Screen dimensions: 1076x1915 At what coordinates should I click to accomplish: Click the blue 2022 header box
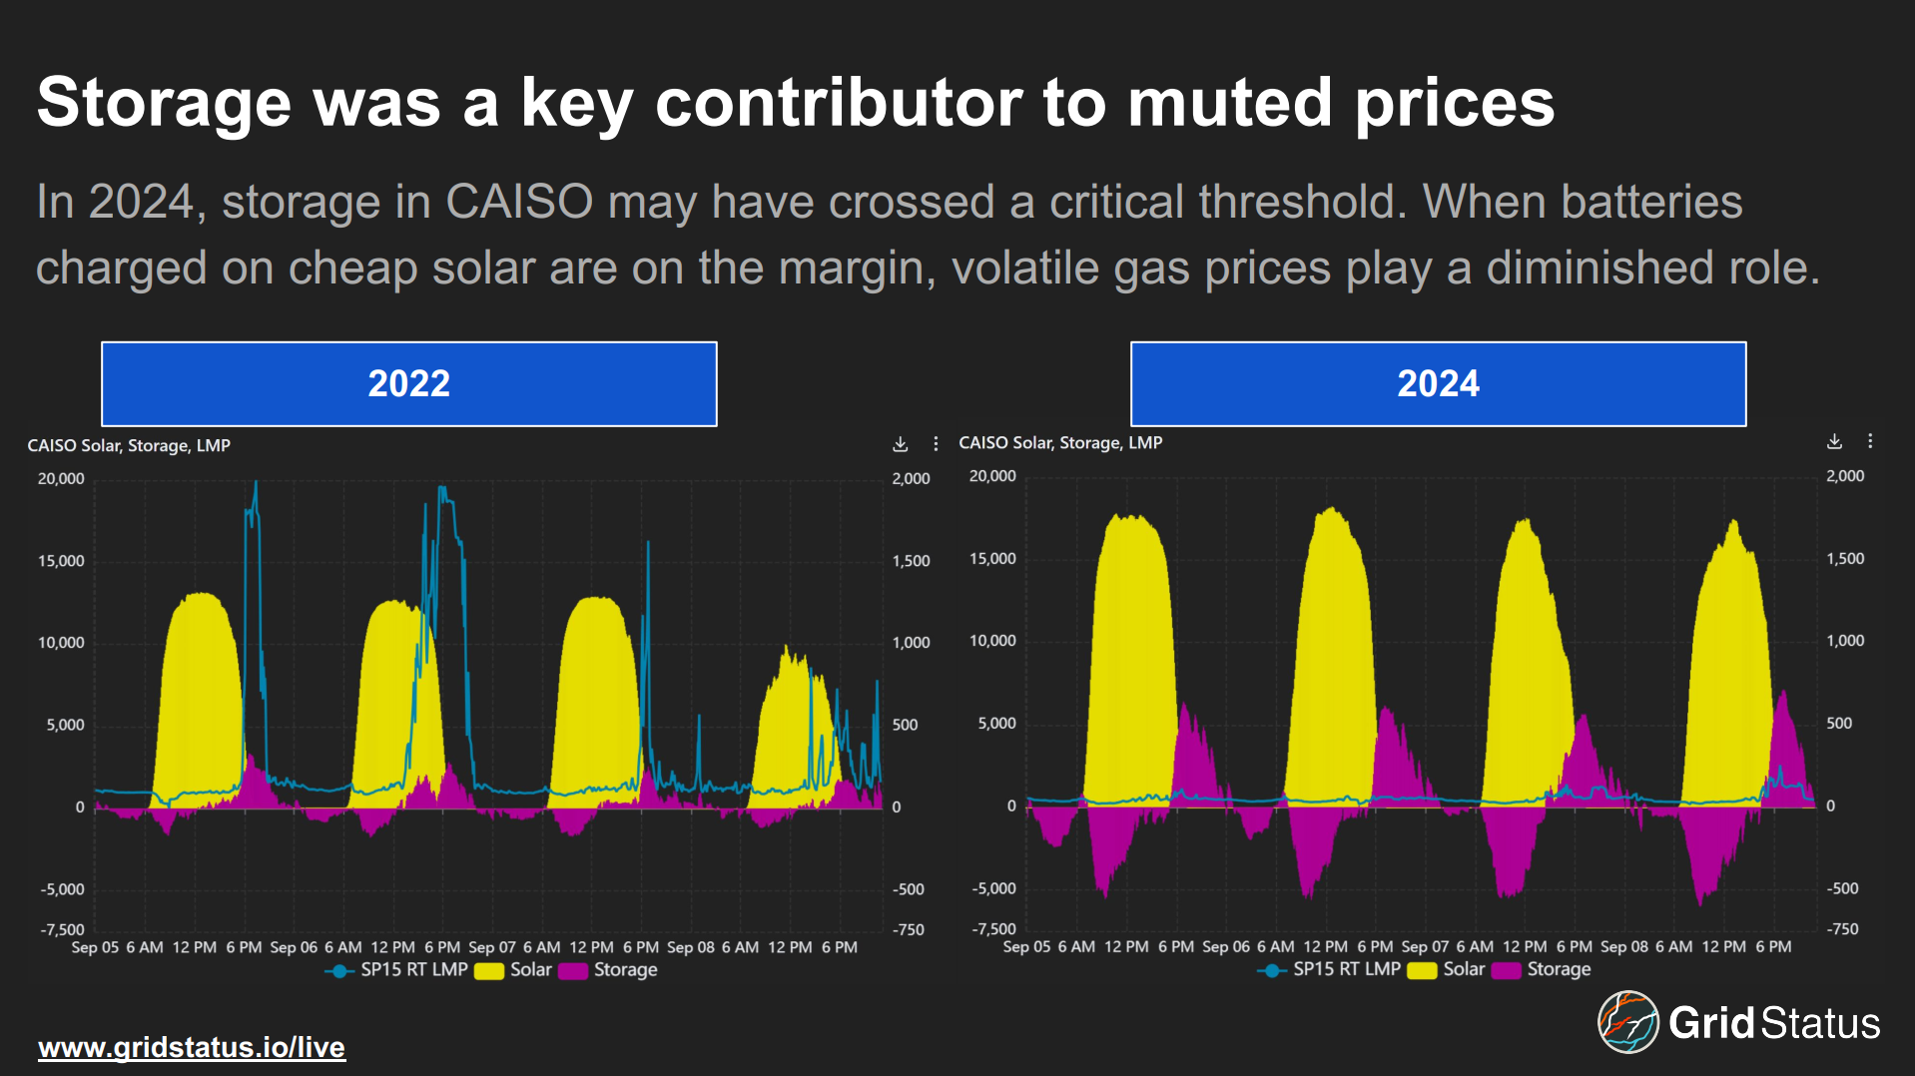point(408,384)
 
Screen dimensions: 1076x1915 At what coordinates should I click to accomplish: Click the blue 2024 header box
point(1438,384)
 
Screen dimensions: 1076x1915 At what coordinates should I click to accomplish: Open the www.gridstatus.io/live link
point(192,1047)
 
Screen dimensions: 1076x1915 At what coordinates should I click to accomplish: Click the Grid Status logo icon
point(1627,1022)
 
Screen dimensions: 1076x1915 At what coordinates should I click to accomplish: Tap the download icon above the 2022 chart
point(900,444)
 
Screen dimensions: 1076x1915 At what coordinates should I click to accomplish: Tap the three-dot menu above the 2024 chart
point(1870,441)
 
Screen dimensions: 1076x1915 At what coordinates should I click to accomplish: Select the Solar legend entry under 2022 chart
point(515,970)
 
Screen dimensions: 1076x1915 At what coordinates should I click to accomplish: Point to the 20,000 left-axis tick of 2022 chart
point(61,479)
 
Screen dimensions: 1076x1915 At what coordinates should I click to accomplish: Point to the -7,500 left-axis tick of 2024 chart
point(993,929)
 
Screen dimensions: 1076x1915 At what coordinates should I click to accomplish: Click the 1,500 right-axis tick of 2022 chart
point(911,561)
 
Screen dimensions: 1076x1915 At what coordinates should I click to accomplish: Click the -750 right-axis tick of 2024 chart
point(1843,929)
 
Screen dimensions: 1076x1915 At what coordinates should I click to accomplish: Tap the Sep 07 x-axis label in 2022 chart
point(492,947)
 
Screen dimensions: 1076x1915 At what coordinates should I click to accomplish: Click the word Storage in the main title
point(164,103)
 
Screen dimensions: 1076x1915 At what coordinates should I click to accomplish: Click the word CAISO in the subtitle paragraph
point(519,203)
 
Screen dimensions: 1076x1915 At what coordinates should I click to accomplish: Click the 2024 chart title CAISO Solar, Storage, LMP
point(1060,442)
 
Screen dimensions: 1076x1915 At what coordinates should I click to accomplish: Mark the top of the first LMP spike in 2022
point(256,483)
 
